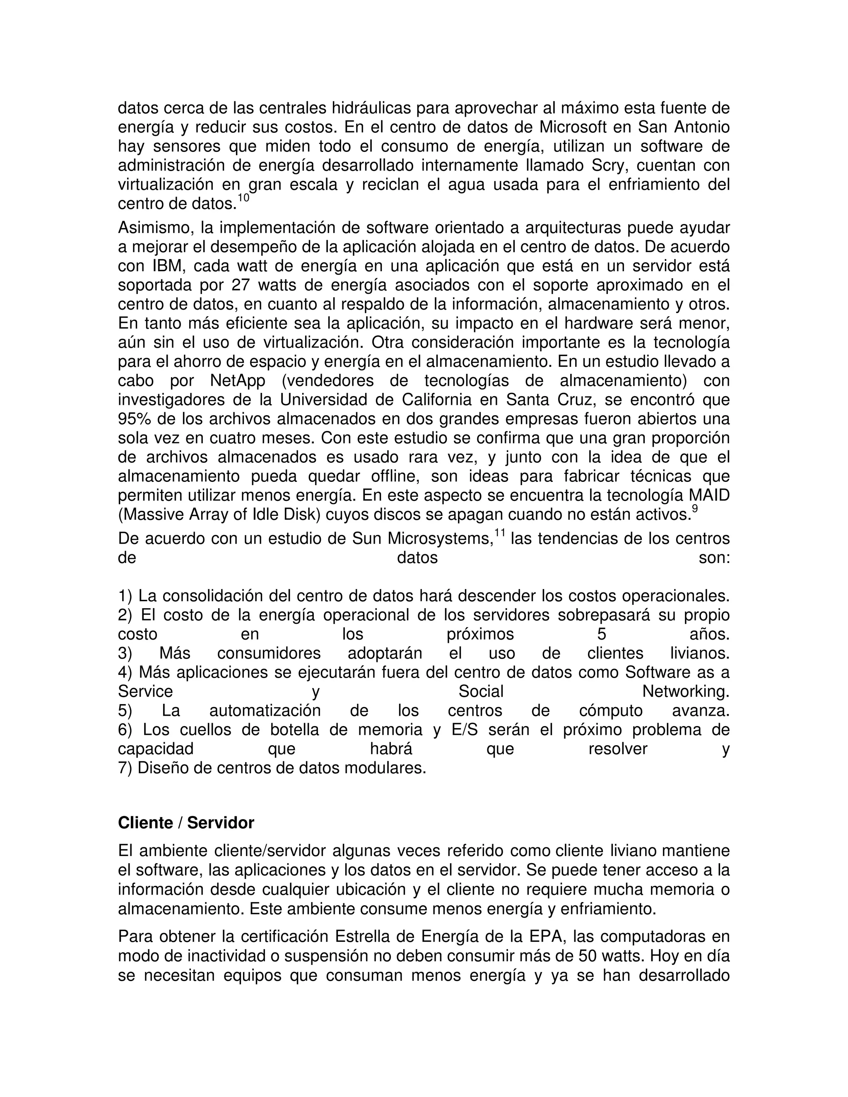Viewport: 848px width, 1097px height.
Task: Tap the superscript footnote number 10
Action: [x=243, y=198]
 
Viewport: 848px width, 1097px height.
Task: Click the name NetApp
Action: [x=238, y=380]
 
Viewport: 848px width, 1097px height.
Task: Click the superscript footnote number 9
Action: [x=695, y=508]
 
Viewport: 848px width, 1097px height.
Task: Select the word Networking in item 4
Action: [x=685, y=692]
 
